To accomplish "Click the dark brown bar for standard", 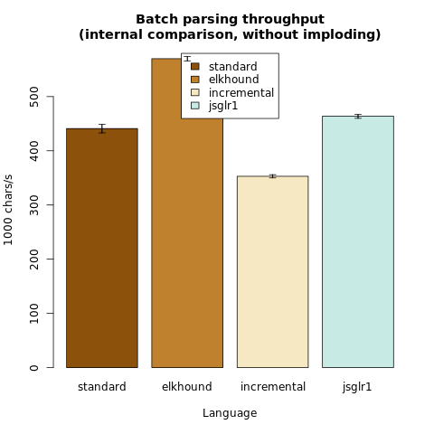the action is (102, 248).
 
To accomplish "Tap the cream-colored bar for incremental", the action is (272, 271).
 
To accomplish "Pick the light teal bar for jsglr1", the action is (358, 241).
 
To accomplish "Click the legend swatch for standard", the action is (195, 66).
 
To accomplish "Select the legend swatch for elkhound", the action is (195, 80).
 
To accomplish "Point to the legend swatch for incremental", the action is (195, 92).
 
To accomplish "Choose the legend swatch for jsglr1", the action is (195, 106).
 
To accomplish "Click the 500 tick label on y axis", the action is (34, 97).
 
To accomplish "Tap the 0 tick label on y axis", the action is (34, 368).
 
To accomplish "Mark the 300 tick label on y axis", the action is (34, 205).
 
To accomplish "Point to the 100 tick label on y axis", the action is (34, 314).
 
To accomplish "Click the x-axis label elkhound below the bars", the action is (187, 387).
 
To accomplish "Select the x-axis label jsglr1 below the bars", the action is (357, 387).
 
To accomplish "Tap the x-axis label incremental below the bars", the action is (273, 387).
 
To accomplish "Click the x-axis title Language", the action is (230, 413).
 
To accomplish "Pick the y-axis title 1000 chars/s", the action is (8, 210).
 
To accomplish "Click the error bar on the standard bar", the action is (102, 128).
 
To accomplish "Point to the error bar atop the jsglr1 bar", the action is (358, 117).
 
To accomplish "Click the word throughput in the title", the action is (283, 20).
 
